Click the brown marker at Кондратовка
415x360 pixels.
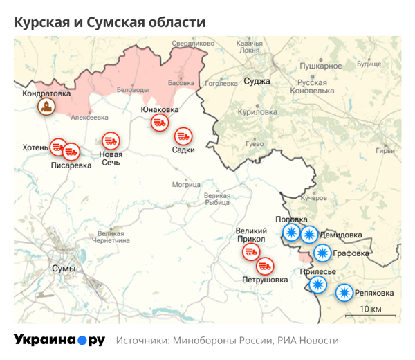(46, 107)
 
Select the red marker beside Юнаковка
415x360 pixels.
(159, 123)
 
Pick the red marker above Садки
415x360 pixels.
(183, 135)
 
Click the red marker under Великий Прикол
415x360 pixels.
(250, 253)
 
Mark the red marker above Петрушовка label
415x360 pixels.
(265, 265)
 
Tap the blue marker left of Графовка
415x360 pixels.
(322, 253)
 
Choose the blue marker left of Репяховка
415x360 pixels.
(344, 294)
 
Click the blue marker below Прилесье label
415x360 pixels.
(317, 285)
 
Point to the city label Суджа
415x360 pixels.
(257, 81)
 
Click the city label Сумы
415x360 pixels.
(64, 268)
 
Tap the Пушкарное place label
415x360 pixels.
(320, 66)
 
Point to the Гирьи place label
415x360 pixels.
(385, 151)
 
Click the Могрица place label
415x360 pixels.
(186, 185)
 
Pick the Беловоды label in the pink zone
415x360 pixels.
(133, 90)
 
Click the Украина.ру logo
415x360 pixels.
(59, 340)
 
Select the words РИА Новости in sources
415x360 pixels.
(308, 341)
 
